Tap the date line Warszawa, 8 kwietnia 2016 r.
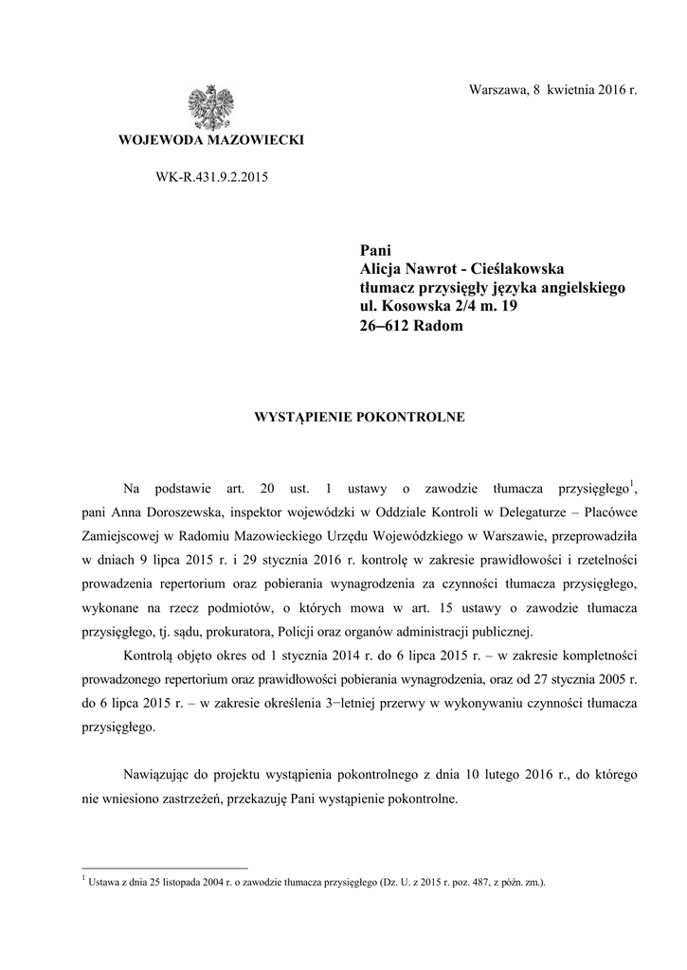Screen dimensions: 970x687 (553, 89)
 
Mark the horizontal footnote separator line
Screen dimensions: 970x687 (165, 867)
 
